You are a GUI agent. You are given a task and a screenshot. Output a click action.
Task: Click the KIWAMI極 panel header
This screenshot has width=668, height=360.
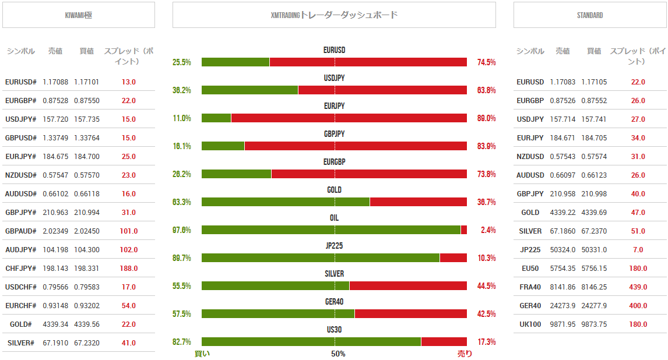78,15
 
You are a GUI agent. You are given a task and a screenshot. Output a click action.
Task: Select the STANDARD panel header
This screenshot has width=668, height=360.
589,15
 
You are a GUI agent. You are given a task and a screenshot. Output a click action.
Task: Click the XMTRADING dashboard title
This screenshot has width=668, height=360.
334,15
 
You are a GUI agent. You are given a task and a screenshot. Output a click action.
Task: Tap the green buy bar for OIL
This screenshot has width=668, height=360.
331,230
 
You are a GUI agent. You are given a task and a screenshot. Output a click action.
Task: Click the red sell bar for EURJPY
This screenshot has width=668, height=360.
349,118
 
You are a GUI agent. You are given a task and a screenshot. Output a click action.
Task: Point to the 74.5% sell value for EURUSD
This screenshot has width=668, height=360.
486,62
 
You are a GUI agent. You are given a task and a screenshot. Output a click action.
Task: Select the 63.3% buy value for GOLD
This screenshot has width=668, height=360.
182,202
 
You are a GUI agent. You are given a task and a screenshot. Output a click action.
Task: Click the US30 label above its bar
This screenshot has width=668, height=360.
334,330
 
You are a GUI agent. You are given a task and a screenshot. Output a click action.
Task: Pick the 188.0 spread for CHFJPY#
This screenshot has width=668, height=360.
128,269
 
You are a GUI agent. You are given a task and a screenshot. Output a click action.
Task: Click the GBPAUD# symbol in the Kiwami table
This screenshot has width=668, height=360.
20,231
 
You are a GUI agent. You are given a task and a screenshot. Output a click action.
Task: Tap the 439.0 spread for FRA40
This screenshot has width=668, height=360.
638,287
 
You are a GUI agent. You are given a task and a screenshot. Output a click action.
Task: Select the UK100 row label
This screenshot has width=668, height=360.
530,324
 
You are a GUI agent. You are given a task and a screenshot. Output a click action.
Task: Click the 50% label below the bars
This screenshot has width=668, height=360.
338,354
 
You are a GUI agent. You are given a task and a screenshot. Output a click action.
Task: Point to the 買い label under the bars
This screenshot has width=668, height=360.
202,354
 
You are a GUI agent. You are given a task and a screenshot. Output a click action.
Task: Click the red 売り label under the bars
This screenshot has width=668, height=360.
465,354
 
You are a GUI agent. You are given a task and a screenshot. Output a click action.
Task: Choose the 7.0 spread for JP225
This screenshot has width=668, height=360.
638,250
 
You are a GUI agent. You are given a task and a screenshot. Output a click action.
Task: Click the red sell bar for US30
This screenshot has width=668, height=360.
444,342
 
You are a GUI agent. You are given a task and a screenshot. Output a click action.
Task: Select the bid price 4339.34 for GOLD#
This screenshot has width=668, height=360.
55,324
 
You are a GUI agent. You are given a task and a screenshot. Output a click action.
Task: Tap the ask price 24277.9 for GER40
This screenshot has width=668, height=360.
593,306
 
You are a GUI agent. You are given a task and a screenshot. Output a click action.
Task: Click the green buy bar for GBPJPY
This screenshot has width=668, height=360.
223,146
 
